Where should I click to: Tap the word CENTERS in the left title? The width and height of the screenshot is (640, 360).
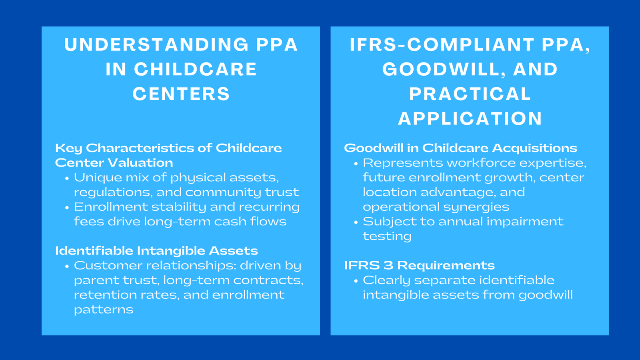[181, 94]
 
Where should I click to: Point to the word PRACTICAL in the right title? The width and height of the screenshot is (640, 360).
[470, 94]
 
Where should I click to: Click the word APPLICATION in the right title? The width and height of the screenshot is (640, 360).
[470, 118]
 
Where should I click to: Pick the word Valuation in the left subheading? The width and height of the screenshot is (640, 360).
[140, 163]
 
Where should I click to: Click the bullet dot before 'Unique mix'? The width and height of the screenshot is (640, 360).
[67, 178]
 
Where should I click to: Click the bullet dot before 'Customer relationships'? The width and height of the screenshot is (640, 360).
[67, 266]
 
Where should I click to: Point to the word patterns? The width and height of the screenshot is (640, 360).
[104, 310]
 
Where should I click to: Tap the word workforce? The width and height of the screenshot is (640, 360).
[482, 163]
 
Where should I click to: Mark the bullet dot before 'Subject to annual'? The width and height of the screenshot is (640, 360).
[356, 222]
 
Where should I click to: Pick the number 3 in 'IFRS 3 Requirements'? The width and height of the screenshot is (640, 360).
[388, 266]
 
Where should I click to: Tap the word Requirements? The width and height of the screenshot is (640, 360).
[446, 266]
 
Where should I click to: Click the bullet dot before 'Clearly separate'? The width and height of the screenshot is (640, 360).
[356, 281]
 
